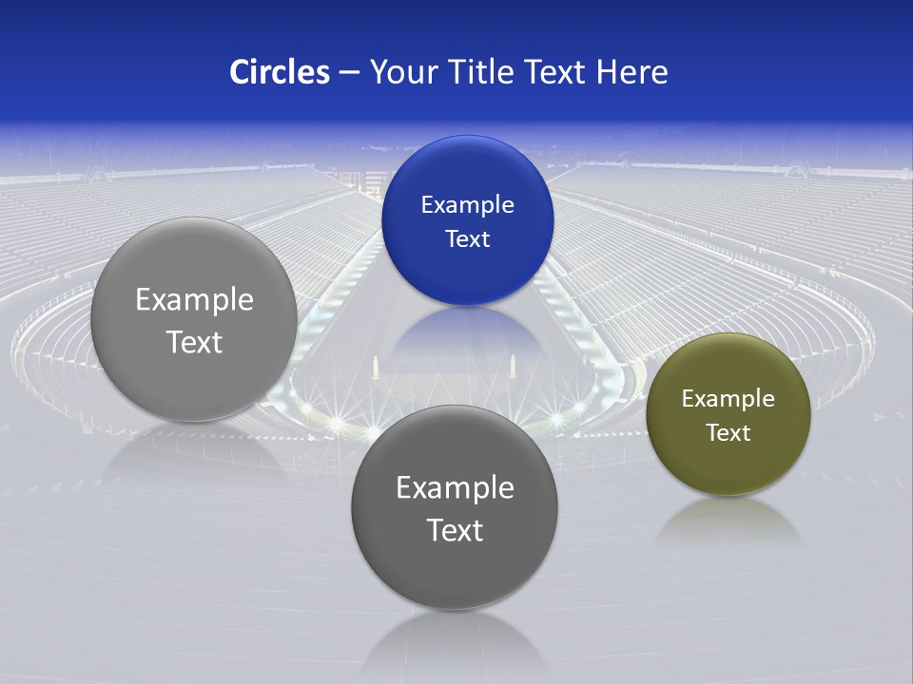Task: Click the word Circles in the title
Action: pos(280,72)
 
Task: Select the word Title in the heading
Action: pos(480,72)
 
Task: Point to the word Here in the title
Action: pos(632,72)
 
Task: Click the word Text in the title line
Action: pos(556,72)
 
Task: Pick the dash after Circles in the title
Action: pos(349,73)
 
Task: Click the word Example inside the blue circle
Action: pos(467,205)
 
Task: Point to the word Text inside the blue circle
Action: pos(467,238)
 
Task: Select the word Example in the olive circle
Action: pos(728,399)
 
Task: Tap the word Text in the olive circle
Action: pos(728,432)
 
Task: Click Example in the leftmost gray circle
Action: pos(194,299)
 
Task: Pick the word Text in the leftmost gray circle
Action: pos(194,342)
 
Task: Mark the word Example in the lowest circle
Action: pos(455,487)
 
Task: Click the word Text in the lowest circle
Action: pos(455,530)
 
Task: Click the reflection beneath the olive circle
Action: pos(728,520)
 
